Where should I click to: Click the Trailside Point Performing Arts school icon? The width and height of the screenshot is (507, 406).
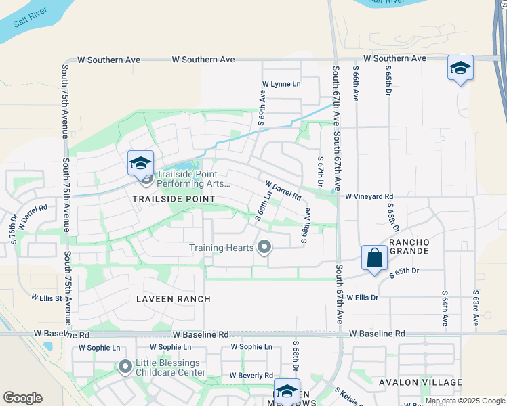(140, 163)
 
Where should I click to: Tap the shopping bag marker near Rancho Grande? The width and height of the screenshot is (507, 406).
(374, 258)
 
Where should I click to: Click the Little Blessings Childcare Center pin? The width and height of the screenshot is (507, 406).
(125, 367)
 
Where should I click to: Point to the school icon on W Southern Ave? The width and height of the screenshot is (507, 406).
(460, 68)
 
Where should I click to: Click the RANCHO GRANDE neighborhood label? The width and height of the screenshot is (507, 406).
(409, 246)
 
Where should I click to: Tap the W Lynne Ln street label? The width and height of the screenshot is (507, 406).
(281, 84)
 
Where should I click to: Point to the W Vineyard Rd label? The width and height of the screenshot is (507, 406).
(369, 197)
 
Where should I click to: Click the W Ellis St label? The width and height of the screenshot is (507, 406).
(46, 298)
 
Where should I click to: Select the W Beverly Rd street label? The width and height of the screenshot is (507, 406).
(251, 375)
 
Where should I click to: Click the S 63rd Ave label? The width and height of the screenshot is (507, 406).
(476, 309)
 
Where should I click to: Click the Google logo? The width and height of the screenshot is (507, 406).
(22, 398)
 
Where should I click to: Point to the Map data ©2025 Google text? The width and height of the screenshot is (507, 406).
(465, 401)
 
